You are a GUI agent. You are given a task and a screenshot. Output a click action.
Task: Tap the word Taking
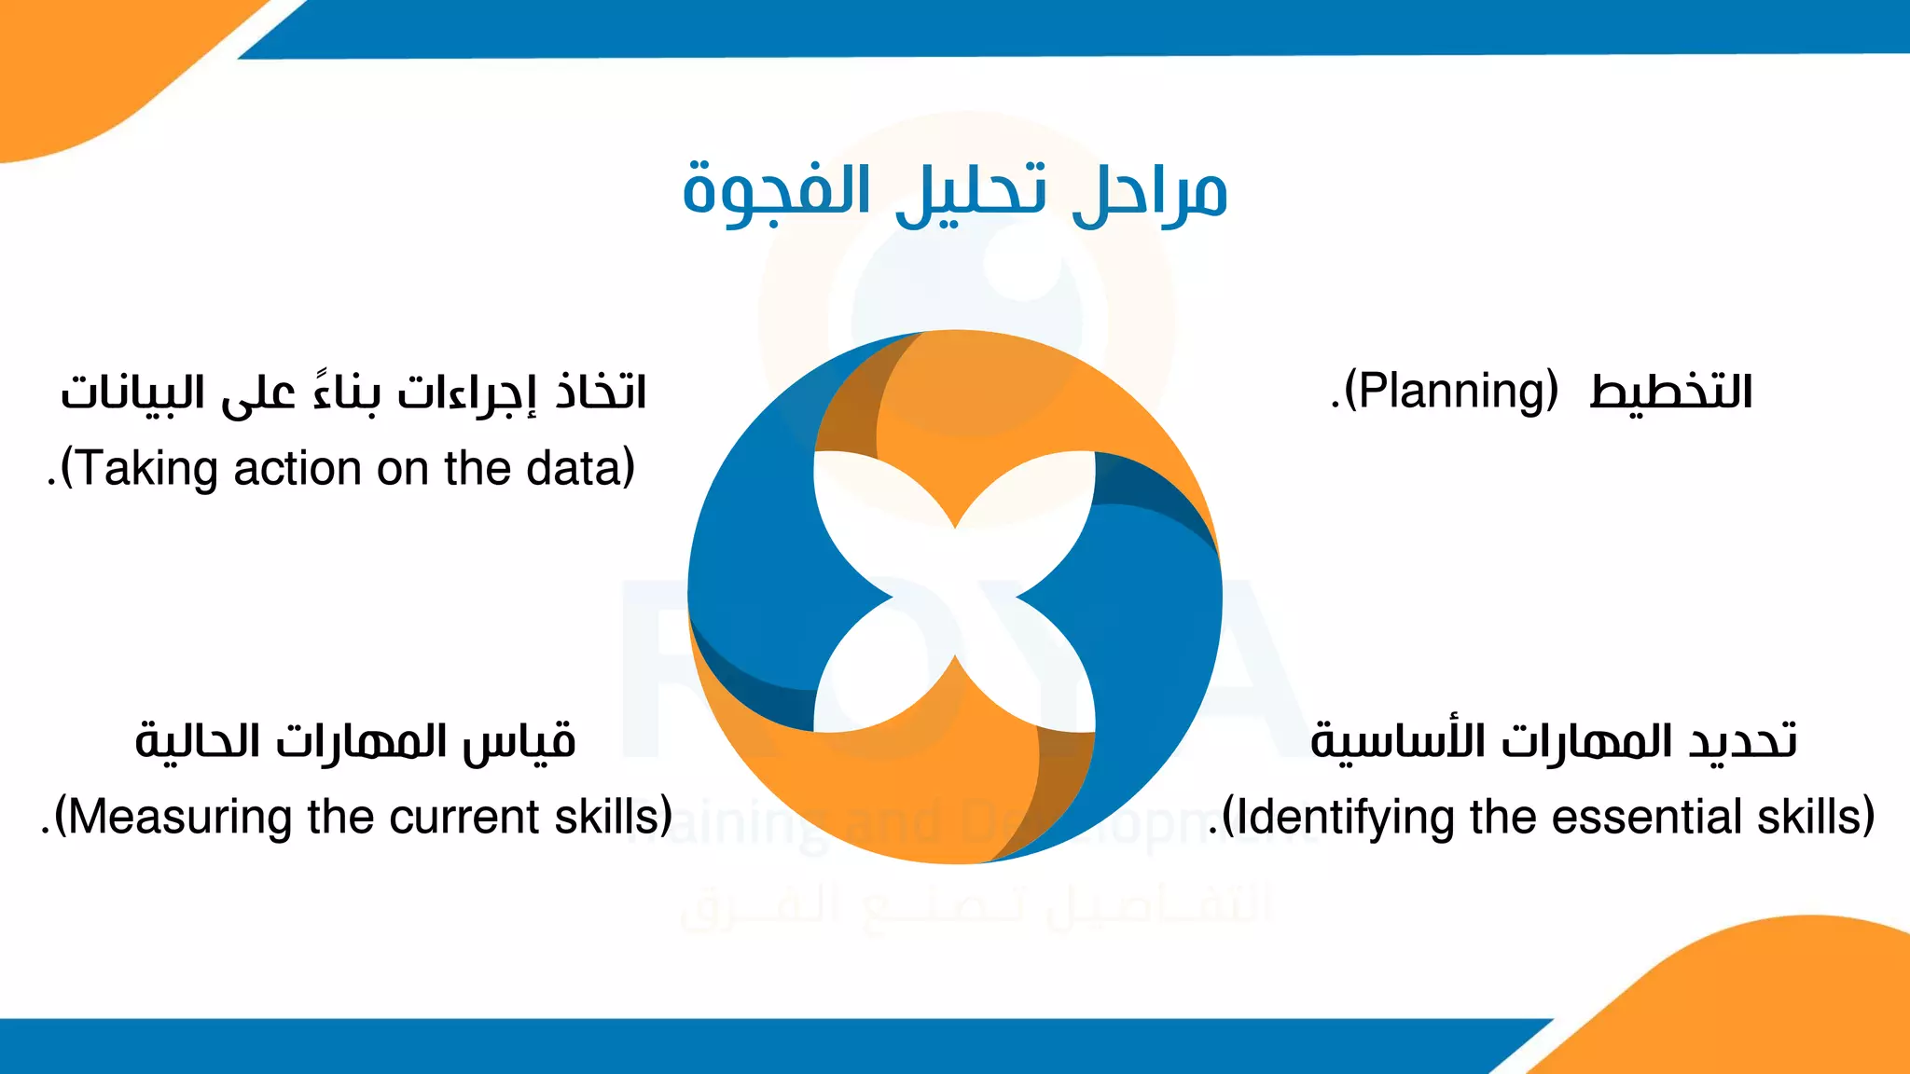[140, 469]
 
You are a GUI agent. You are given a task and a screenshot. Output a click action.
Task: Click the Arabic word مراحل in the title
[1149, 194]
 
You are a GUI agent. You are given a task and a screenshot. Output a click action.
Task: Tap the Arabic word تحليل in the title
[970, 194]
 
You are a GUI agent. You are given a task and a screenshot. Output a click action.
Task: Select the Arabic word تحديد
[1742, 742]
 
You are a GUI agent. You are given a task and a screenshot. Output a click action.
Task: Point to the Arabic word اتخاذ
[601, 392]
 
